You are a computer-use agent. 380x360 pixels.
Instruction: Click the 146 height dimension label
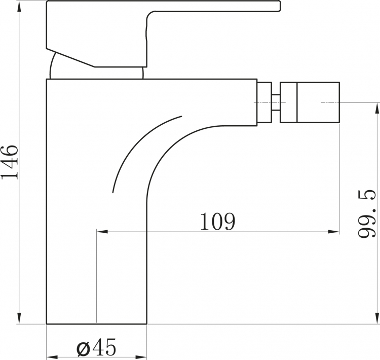coord(10,162)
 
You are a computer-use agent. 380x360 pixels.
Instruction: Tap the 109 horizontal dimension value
coord(218,221)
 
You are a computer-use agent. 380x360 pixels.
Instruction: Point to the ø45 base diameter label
coord(96,347)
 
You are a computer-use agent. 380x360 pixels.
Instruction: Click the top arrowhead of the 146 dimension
coord(19,6)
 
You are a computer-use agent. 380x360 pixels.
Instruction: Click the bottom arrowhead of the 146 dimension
coord(19,318)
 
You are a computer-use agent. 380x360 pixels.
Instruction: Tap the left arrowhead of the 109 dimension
coord(102,232)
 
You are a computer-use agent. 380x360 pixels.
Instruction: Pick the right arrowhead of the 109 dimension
coord(333,232)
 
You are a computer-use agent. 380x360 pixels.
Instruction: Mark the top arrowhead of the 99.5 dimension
coord(377,109)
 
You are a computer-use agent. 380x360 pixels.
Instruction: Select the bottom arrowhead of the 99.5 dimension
coord(377,318)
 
